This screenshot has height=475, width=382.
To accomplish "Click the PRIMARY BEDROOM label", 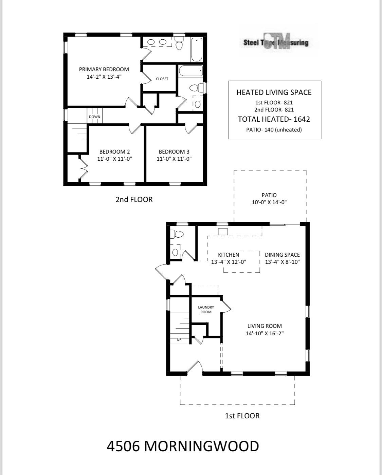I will (x=104, y=69).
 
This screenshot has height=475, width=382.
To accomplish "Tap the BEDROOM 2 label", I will (x=114, y=152).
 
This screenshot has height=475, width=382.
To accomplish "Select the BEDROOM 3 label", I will (x=174, y=152).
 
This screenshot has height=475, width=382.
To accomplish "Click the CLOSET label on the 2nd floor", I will (x=162, y=79).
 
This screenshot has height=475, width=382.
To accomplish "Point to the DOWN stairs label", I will (x=94, y=117).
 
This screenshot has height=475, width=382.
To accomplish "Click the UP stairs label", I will (x=179, y=339).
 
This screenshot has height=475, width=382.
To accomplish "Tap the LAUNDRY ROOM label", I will (x=206, y=310).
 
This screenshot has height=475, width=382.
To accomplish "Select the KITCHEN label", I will (x=228, y=255).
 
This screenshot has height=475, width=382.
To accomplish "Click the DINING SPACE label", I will (x=282, y=255).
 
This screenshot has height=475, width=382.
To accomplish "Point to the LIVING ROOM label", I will (x=265, y=326).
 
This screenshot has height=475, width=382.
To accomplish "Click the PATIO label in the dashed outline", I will (x=269, y=195).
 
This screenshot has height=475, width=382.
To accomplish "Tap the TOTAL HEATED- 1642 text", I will (x=274, y=119).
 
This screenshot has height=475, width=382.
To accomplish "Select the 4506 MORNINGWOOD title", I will (x=183, y=446).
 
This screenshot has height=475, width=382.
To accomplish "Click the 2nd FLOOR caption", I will (x=134, y=199).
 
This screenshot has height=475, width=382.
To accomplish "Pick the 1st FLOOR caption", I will (x=242, y=416).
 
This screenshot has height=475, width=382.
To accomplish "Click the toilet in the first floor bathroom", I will (x=177, y=234).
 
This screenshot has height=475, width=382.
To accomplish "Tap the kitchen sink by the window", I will (x=223, y=232).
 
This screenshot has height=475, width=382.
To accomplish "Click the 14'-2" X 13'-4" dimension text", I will (x=104, y=77).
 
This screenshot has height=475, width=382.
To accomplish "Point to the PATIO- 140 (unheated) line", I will (x=274, y=130).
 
